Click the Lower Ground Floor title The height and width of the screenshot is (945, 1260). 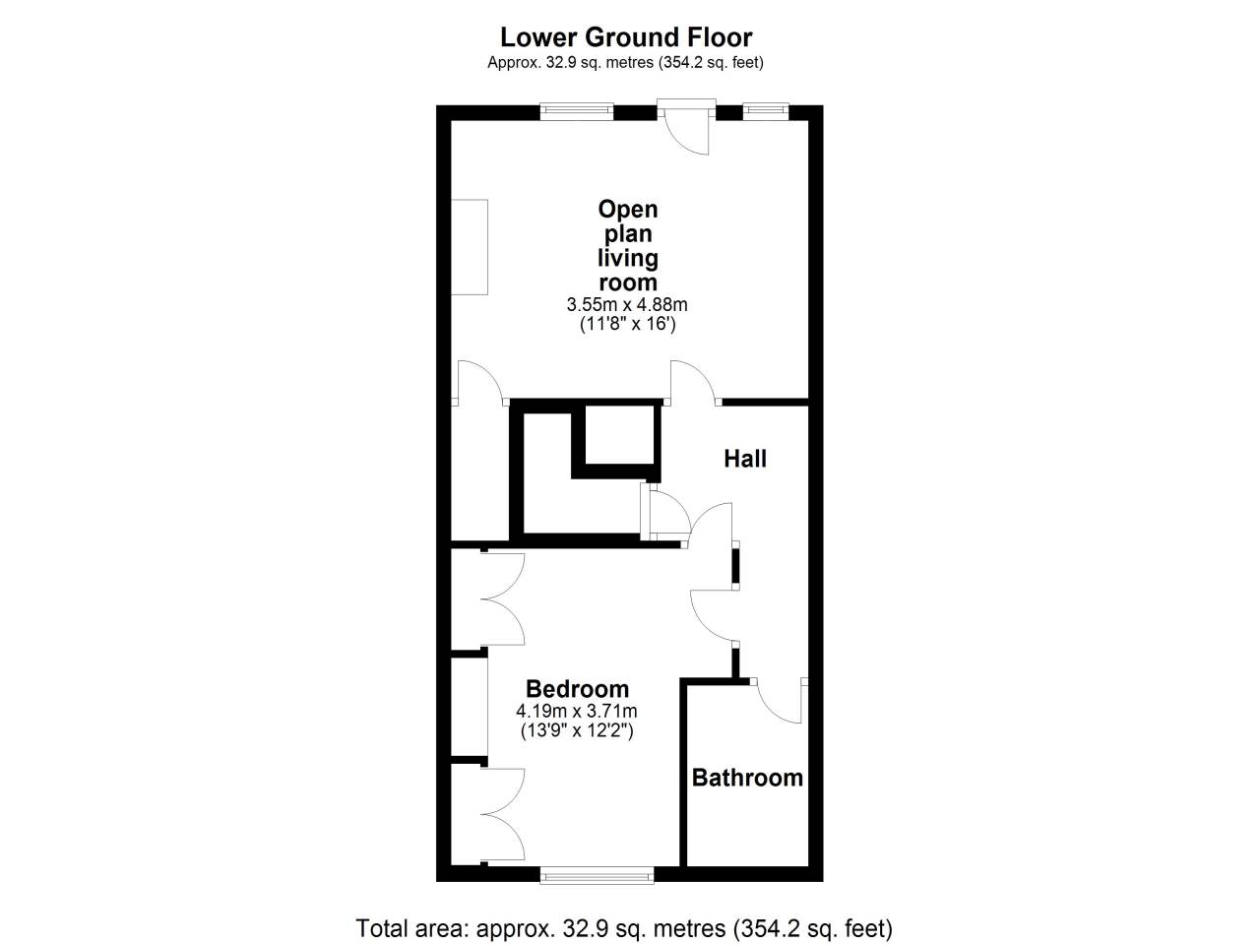[626, 37]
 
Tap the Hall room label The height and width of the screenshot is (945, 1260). [745, 459]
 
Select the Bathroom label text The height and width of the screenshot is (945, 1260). [747, 778]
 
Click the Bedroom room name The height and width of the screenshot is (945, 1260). [577, 688]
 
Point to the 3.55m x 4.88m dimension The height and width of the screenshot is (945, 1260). [627, 304]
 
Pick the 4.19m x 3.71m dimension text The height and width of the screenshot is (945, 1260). [576, 711]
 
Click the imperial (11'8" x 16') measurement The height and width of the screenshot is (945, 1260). [627, 324]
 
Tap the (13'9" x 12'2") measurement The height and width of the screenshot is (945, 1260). [576, 731]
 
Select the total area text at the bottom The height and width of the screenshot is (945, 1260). [624, 928]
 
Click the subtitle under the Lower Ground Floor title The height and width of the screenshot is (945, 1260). [625, 62]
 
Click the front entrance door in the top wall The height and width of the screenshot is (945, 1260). [686, 127]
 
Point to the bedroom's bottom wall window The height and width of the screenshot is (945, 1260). [597, 875]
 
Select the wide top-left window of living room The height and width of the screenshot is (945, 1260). [577, 111]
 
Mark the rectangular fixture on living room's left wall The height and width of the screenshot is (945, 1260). [470, 247]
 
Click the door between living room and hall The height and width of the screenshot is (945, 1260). [693, 383]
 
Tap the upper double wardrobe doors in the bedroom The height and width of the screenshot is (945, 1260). [503, 599]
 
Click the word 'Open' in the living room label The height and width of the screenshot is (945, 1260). [628, 210]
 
